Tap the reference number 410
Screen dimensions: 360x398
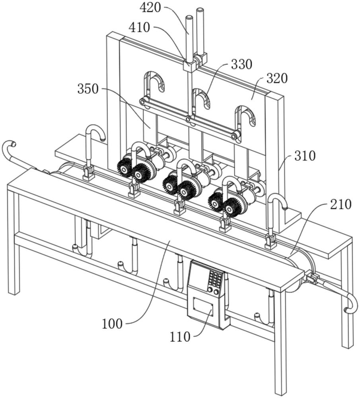click(x=139, y=27)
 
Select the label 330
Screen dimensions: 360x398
click(x=241, y=64)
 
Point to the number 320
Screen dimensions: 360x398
click(x=277, y=79)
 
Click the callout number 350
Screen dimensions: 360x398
click(x=88, y=89)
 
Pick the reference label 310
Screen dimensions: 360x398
click(x=305, y=156)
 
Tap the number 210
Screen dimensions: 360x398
click(x=341, y=204)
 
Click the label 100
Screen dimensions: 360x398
click(x=113, y=324)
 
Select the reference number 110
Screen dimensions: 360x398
click(x=180, y=337)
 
